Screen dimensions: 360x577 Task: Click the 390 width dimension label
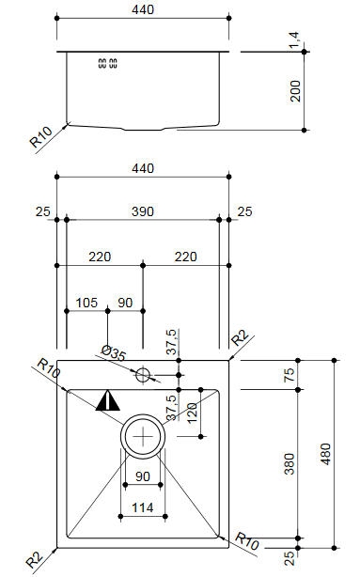click(143, 211)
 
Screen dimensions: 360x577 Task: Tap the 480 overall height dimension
click(326, 454)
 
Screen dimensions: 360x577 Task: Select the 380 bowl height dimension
click(290, 463)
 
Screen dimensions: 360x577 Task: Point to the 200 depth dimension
click(295, 91)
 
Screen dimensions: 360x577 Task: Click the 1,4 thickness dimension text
click(294, 40)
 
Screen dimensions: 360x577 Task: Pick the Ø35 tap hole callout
click(114, 353)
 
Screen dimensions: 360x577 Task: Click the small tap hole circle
click(143, 375)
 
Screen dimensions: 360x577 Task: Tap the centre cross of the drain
click(143, 436)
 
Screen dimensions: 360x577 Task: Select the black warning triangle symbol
click(107, 400)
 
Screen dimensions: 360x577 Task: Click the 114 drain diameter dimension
click(143, 507)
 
